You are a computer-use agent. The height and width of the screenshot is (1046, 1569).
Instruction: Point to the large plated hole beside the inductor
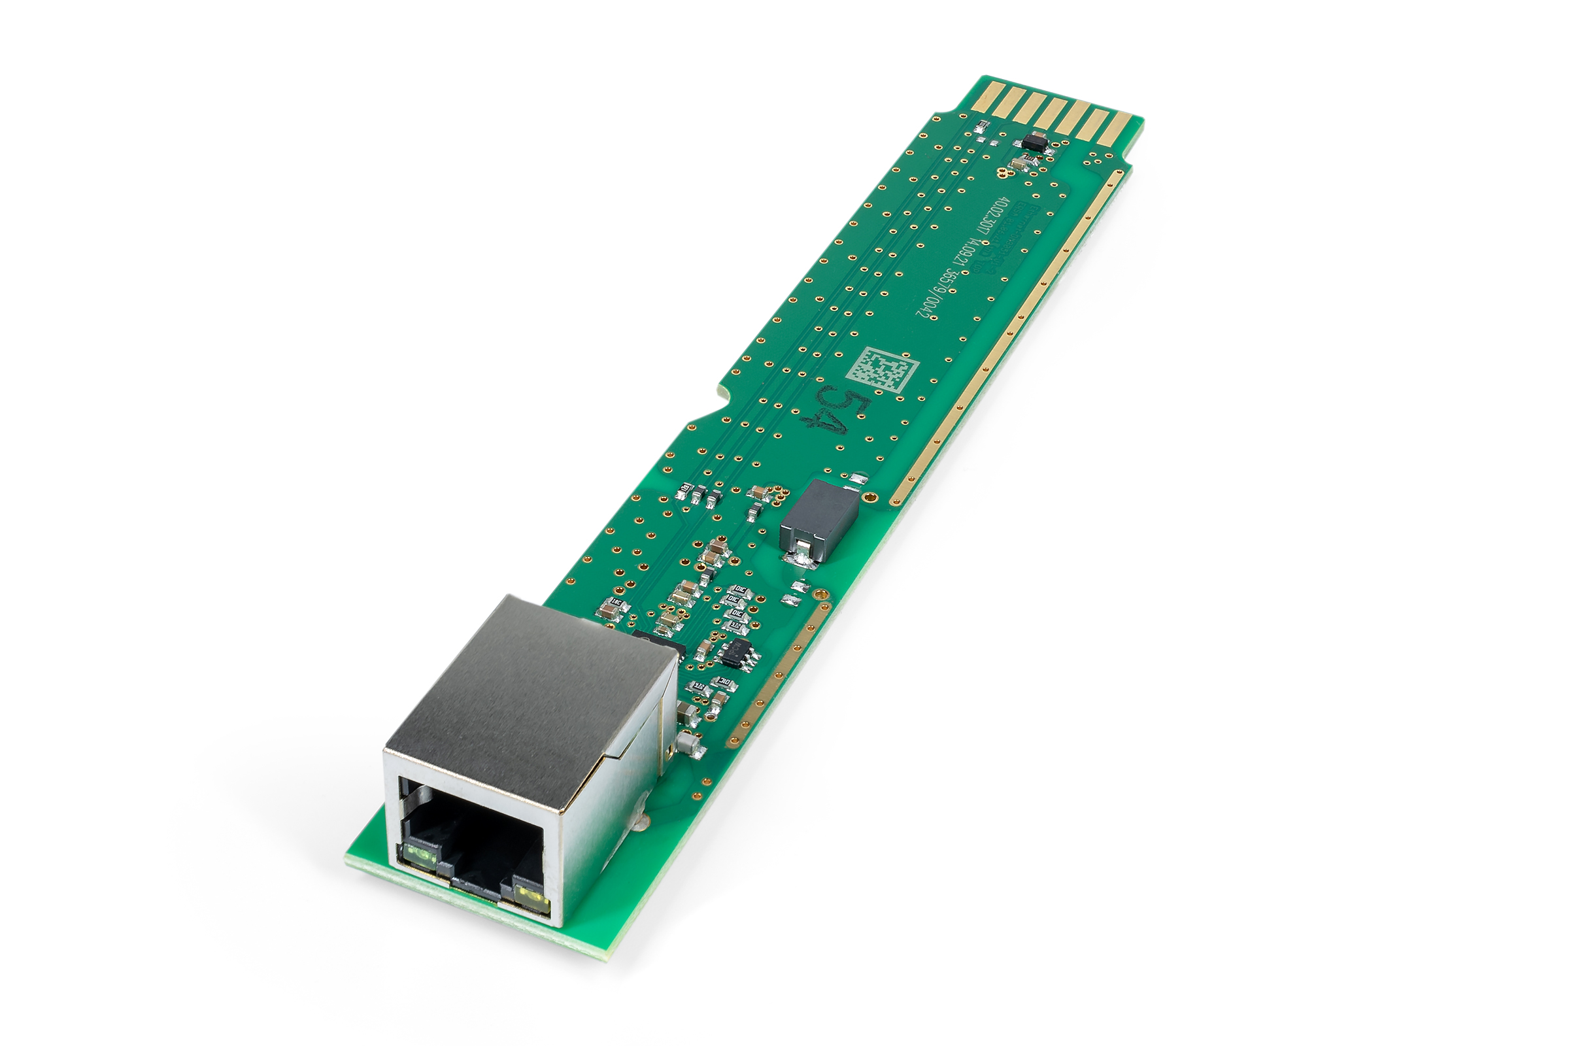[870, 496]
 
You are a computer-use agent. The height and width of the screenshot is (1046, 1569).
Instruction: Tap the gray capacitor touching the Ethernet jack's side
[687, 713]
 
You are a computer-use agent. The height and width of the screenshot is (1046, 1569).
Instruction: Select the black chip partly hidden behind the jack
[660, 642]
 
